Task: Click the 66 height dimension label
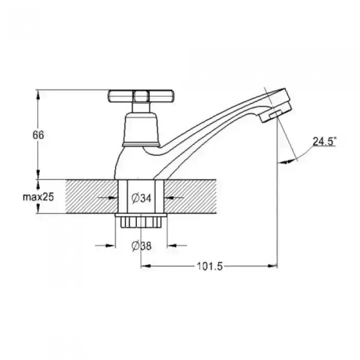(x=38, y=135)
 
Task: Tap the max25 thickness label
(x=38, y=197)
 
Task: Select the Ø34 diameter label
(x=141, y=198)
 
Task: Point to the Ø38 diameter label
(x=141, y=246)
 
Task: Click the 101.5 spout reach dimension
(x=210, y=266)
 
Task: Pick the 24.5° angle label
(x=325, y=141)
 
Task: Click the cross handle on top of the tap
(x=141, y=96)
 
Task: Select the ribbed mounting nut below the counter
(x=141, y=221)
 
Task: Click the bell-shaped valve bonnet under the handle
(x=141, y=130)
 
